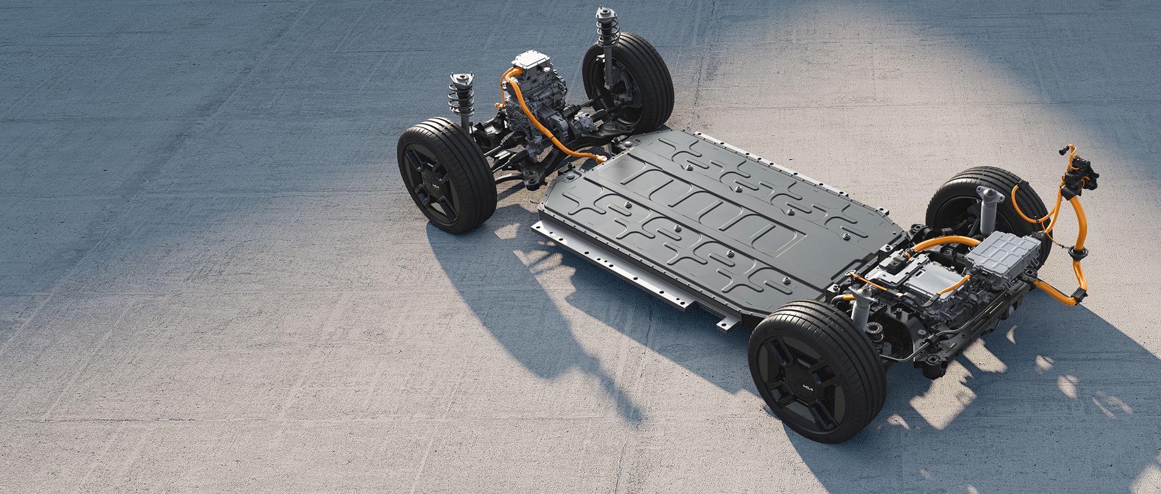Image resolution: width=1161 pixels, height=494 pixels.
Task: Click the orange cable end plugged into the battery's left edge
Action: pyautogui.click(x=601, y=159)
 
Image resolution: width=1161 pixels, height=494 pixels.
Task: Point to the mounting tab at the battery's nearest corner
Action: pyautogui.click(x=728, y=324)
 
